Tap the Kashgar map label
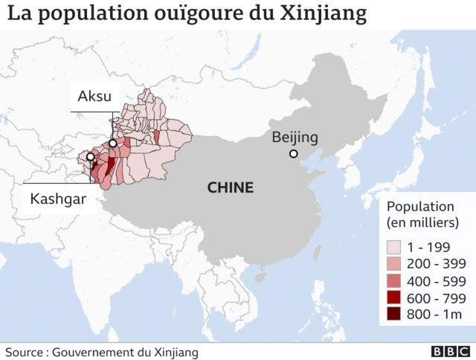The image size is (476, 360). pyautogui.click(x=58, y=199)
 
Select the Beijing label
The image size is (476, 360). pyautogui.click(x=295, y=137)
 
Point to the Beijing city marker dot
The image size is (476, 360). pyautogui.click(x=294, y=154)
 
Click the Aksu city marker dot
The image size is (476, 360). pyautogui.click(x=112, y=143)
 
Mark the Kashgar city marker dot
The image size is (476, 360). pyautogui.click(x=90, y=157)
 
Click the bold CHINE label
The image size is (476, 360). pyautogui.click(x=230, y=187)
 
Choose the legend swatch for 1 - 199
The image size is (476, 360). pyautogui.click(x=393, y=247)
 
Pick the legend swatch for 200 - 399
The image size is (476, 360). pyautogui.click(x=393, y=264)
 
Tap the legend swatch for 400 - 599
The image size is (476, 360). pyautogui.click(x=393, y=281)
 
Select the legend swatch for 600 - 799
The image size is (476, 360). pyautogui.click(x=393, y=298)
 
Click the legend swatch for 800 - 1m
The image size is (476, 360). pyautogui.click(x=393, y=315)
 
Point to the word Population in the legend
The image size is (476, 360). pyautogui.click(x=419, y=207)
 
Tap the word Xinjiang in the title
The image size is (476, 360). pyautogui.click(x=324, y=14)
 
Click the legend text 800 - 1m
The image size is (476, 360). pyautogui.click(x=436, y=315)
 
